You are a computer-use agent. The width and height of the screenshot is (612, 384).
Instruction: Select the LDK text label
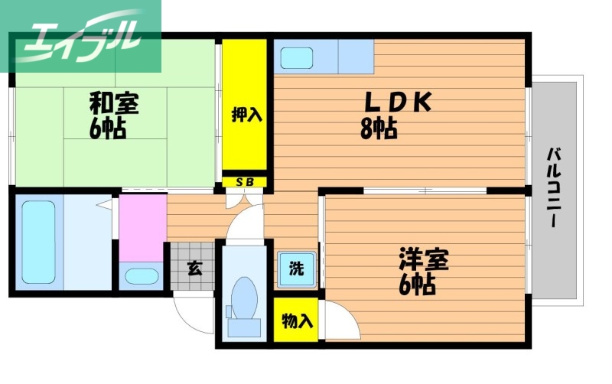click(x=398, y=102)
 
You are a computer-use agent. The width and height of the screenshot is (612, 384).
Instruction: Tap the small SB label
click(x=245, y=182)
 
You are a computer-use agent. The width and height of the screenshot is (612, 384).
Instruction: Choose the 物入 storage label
click(x=296, y=321)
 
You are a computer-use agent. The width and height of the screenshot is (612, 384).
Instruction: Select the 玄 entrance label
click(x=195, y=268)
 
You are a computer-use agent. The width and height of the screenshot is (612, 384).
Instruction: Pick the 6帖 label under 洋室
click(x=418, y=285)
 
